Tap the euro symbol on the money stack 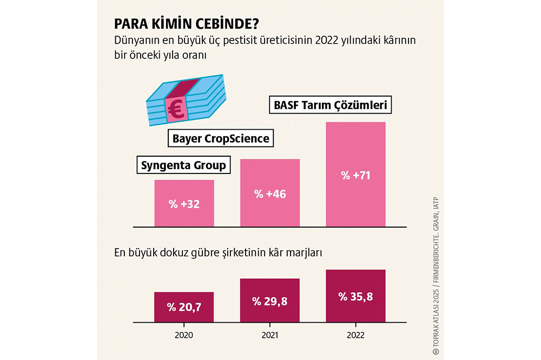(175, 109)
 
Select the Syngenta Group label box (183, 165)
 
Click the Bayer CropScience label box (221, 138)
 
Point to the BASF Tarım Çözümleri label (330, 105)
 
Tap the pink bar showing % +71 (355, 174)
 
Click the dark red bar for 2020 (184, 307)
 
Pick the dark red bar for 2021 (269, 301)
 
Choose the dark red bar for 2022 (355, 296)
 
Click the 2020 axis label (184, 335)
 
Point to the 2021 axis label (269, 335)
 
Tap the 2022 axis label (355, 335)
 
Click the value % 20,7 (184, 308)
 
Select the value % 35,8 (355, 296)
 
